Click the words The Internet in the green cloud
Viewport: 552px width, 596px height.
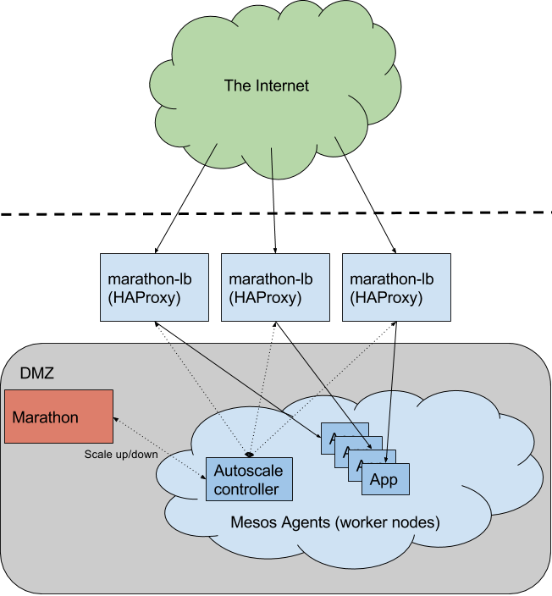coord(267,86)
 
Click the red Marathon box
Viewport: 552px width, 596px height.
coord(58,417)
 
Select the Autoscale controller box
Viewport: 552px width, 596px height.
coord(249,479)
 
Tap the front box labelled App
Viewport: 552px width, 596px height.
coord(384,481)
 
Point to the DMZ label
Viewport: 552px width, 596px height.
coord(37,372)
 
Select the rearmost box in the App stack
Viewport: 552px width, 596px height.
coord(330,429)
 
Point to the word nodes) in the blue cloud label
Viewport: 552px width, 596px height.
coord(417,522)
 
